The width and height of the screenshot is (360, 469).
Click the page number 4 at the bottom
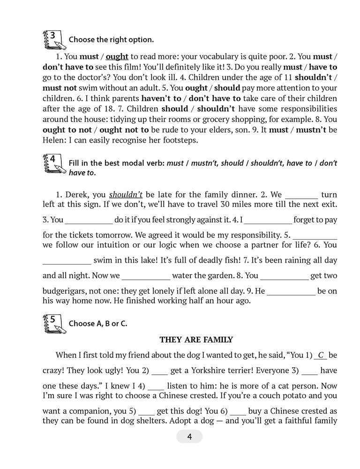click(189, 437)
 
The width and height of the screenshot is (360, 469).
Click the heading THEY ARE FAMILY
click(196, 340)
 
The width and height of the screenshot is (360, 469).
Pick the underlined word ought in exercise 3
click(117, 57)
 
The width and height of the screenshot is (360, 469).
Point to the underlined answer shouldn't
click(126, 194)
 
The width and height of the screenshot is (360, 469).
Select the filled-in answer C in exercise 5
click(321, 355)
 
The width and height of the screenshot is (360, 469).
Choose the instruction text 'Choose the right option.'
click(111, 40)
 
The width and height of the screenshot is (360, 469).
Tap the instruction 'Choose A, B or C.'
click(98, 324)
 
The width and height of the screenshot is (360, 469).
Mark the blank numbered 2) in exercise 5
click(160, 371)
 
